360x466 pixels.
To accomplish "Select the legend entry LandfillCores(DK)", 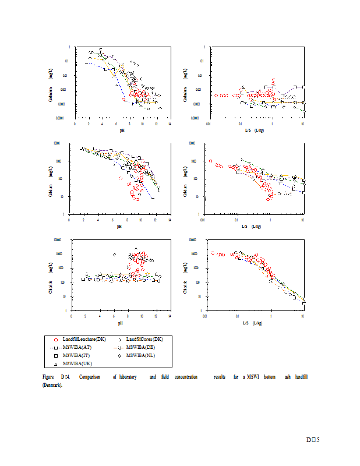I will [x=144, y=339].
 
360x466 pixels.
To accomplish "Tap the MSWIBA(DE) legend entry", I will [x=142, y=347].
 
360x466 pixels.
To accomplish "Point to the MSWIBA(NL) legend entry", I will [x=142, y=355].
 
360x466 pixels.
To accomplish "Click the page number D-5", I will [x=313, y=440].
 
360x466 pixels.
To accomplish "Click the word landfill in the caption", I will [x=301, y=377].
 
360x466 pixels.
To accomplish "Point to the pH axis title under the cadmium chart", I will [x=122, y=129].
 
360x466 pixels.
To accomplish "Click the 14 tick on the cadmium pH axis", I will [x=170, y=123].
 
